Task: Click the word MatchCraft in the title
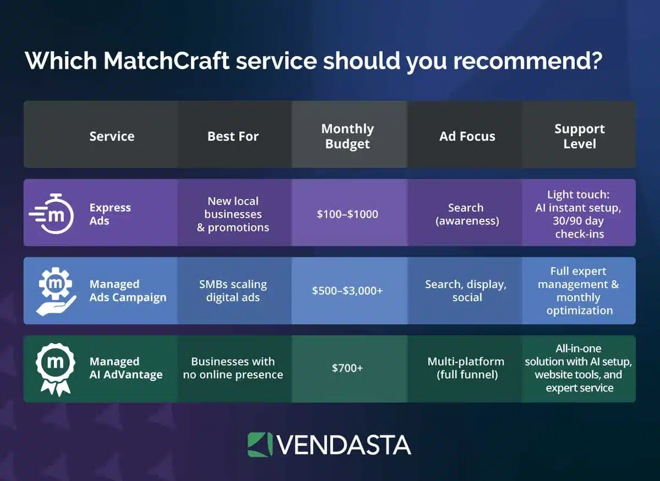[166, 61]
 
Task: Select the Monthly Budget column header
[348, 136]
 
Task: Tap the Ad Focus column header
[467, 136]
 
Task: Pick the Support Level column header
[579, 136]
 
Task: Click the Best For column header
[233, 136]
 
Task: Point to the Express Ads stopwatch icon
[53, 213]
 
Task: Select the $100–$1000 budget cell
[348, 214]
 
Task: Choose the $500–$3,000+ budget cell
[348, 291]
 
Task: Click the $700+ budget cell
[348, 368]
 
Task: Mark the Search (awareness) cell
[466, 214]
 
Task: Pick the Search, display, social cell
[466, 291]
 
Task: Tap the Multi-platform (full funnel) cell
[466, 368]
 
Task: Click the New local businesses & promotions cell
[233, 214]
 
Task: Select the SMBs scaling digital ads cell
[233, 291]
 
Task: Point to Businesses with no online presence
[233, 368]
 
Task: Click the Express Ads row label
[110, 214]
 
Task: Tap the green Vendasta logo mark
[260, 445]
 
